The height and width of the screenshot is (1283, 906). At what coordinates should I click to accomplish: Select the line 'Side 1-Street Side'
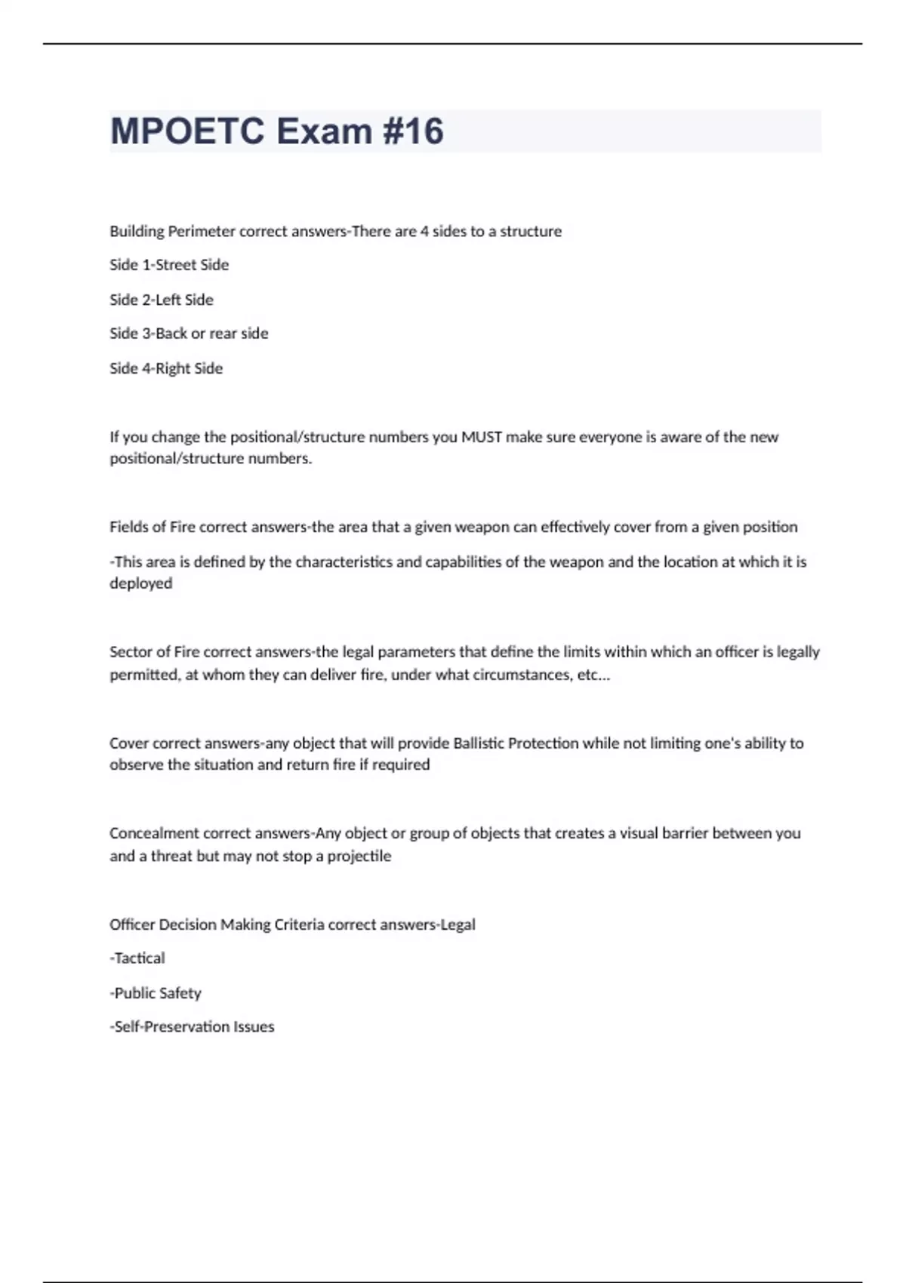(169, 265)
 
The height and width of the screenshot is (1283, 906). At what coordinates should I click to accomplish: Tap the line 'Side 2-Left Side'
(162, 300)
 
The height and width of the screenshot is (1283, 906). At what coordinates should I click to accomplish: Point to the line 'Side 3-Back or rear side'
(189, 334)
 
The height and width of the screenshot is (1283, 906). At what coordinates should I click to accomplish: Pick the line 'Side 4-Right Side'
(166, 368)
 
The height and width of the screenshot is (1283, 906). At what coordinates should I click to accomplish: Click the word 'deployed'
(141, 583)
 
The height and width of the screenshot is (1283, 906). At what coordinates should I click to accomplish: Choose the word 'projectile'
(359, 857)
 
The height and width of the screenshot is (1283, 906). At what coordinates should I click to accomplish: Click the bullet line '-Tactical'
(137, 958)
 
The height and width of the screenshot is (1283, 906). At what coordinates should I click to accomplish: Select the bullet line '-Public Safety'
(156, 993)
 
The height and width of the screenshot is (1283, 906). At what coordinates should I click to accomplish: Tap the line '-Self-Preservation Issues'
(192, 1027)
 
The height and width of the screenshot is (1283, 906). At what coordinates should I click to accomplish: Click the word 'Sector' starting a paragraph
(129, 652)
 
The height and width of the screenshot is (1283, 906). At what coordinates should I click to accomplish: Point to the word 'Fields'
(128, 528)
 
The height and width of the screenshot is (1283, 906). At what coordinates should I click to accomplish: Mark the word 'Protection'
(543, 743)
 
